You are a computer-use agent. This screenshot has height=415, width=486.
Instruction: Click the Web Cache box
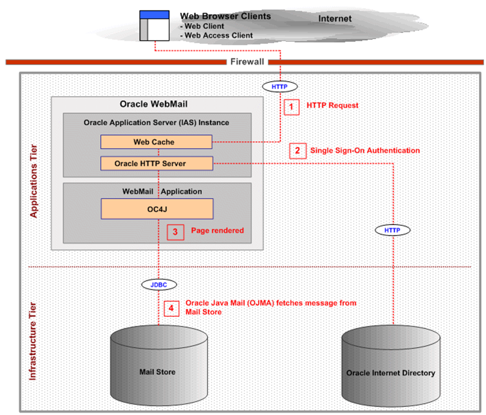pyautogui.click(x=157, y=142)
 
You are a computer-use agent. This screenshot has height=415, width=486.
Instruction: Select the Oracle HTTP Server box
pyautogui.click(x=157, y=163)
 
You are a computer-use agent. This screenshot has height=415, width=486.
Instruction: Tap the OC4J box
pyautogui.click(x=157, y=209)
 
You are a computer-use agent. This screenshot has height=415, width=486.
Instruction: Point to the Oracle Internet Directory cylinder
pyautogui.click(x=390, y=369)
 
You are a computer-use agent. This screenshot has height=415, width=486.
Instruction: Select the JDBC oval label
pyautogui.click(x=159, y=284)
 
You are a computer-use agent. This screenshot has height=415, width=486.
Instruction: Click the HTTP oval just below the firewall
pyautogui.click(x=280, y=86)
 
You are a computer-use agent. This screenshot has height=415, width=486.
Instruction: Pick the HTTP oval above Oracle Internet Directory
pyautogui.click(x=393, y=230)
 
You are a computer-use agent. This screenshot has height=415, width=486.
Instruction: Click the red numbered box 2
pyautogui.click(x=298, y=151)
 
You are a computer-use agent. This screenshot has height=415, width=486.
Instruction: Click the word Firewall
pyautogui.click(x=247, y=62)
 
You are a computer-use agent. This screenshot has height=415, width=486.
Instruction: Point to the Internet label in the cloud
pyautogui.click(x=335, y=19)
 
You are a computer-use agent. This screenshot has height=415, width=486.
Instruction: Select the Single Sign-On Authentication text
pyautogui.click(x=365, y=150)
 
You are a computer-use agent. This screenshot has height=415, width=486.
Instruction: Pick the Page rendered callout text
pyautogui.click(x=217, y=231)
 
